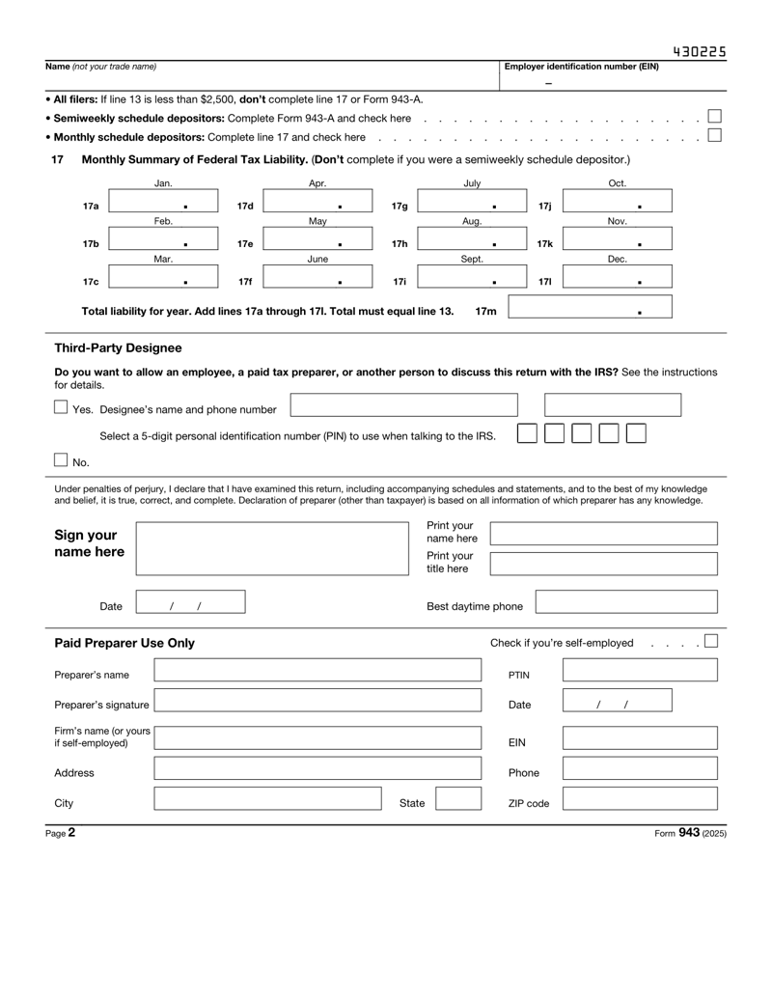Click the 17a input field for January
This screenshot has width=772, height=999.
(x=164, y=205)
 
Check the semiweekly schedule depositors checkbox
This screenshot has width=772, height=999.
(x=715, y=117)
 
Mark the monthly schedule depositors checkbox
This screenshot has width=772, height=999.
(x=715, y=135)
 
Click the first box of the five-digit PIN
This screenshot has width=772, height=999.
(x=527, y=434)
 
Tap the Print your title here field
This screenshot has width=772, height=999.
(x=604, y=563)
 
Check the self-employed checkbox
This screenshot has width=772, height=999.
(x=711, y=641)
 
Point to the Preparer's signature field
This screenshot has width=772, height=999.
(x=317, y=705)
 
